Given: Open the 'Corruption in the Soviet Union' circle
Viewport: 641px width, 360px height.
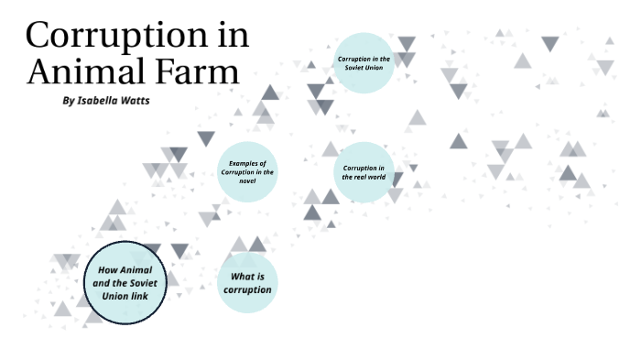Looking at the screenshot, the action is (364, 63).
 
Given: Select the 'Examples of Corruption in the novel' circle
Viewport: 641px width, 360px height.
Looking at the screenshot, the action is (247, 171).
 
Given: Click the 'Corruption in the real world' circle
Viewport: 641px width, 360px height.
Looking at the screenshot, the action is (364, 171).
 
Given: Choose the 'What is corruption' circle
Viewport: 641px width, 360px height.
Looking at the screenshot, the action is (247, 283).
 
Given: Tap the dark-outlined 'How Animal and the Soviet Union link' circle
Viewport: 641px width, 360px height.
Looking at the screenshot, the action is (125, 282).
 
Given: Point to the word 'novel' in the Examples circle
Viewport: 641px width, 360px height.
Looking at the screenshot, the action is (247, 181).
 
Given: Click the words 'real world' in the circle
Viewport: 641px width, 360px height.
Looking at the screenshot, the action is (364, 177).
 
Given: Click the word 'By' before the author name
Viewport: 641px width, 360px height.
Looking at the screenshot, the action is (68, 101).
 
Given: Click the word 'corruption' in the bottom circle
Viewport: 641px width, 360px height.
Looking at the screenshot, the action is (247, 290).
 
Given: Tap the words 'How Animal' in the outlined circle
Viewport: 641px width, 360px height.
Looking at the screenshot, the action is (125, 270).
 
